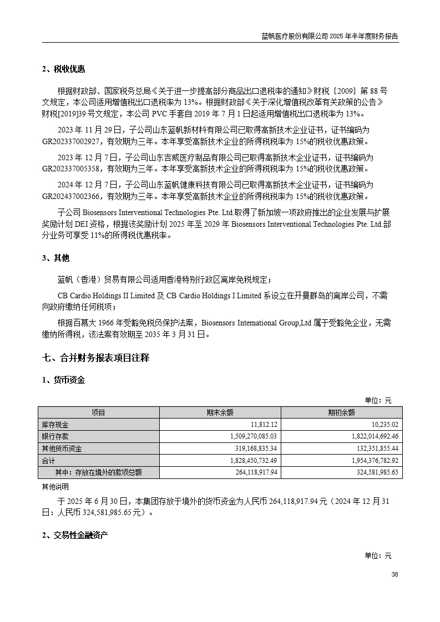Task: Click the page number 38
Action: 395,575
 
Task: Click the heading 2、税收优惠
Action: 63,69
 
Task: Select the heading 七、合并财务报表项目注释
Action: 95,358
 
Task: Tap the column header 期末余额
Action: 220,412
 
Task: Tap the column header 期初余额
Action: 341,412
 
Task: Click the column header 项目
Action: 98,412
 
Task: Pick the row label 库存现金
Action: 55,425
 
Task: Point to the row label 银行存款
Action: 55,436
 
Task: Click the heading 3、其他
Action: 55,258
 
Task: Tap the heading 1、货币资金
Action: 63,380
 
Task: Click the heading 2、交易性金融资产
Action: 75,536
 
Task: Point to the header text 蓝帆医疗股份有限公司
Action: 295,36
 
